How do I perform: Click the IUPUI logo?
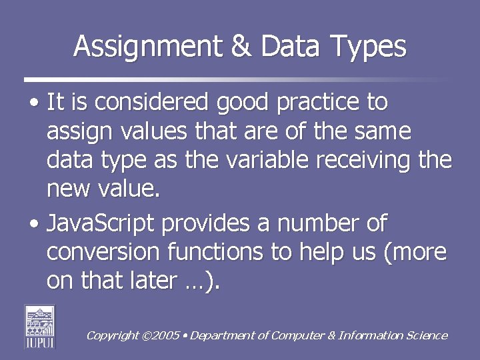point(40,326)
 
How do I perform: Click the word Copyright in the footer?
point(113,336)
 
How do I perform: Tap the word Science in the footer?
point(427,335)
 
